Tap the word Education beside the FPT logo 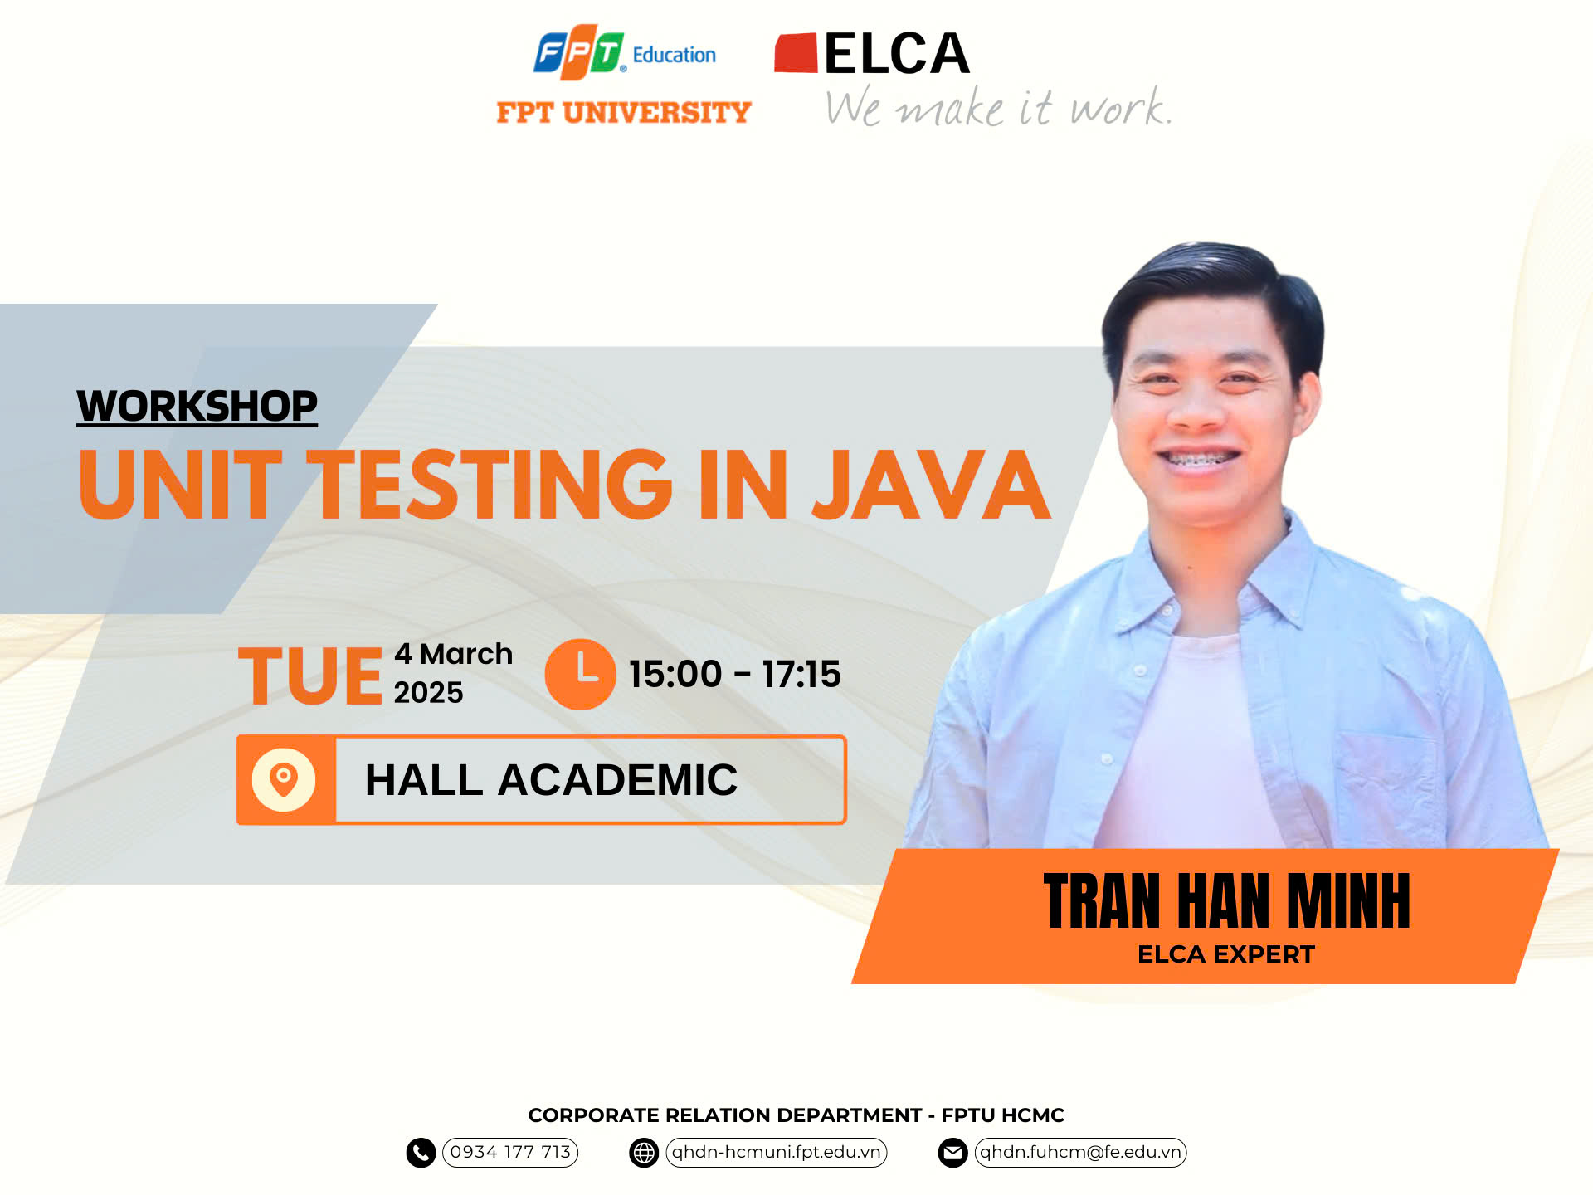(674, 55)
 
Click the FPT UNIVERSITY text (624, 112)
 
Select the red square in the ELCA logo (796, 53)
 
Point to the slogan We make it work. (999, 107)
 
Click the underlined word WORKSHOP (197, 406)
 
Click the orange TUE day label (310, 676)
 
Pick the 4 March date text (453, 654)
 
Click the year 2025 (428, 692)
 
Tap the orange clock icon (580, 674)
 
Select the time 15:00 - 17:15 (734, 674)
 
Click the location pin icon (284, 779)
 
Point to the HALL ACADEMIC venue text (551, 780)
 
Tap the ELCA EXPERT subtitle (1226, 954)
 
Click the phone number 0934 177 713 (510, 1152)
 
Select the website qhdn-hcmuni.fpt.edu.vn (776, 1152)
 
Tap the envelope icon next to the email (952, 1153)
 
